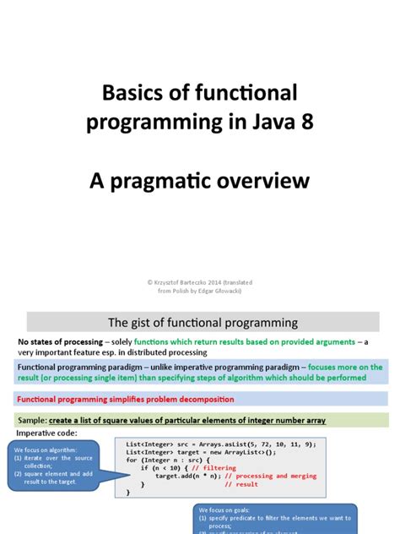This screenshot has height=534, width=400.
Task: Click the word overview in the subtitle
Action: [x=269, y=182]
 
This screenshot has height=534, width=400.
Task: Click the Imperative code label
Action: [x=47, y=433]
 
